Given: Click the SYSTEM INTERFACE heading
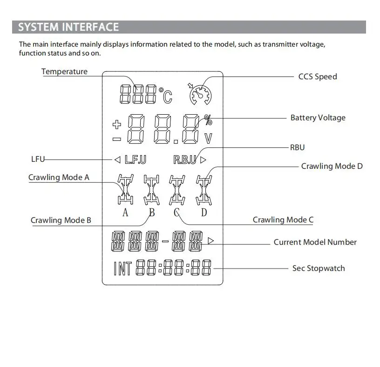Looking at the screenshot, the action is tap(68, 27).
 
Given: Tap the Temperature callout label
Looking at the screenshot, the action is tap(64, 71).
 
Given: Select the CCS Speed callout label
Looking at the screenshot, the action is tap(318, 76).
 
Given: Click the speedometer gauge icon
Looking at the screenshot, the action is tap(200, 95).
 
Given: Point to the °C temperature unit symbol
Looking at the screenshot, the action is tap(165, 95).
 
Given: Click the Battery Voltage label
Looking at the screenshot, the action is tap(318, 118).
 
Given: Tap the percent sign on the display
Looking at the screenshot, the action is tap(208, 120).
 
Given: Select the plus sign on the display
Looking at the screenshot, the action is tap(117, 124).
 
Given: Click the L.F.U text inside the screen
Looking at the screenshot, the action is tap(136, 159).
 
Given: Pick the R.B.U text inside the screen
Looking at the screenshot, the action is tap(185, 159).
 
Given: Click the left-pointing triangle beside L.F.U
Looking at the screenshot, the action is tap(117, 159).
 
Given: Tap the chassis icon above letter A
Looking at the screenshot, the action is tap(125, 189).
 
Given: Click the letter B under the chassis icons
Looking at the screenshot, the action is tap(152, 213).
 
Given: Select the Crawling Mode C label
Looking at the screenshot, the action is tap(283, 220).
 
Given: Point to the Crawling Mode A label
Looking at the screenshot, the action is tap(59, 177).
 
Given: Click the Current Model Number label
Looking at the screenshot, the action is tap(315, 242).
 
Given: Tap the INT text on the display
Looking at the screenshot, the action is tap(122, 269).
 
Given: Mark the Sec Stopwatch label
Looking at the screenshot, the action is tap(319, 268).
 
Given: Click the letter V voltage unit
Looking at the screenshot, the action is tap(209, 138).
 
